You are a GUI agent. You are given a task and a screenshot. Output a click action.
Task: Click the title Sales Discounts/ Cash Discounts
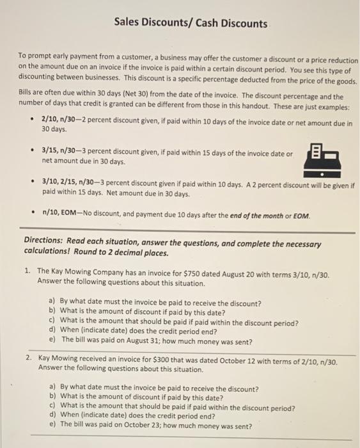[191, 24]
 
